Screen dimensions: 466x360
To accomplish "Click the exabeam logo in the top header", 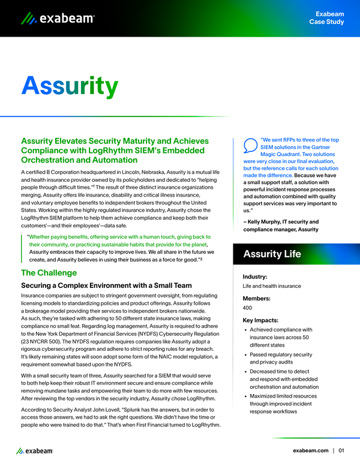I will click(58, 19).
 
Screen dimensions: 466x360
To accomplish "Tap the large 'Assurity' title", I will click(70, 86).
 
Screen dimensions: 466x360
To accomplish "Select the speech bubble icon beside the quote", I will click(250, 146).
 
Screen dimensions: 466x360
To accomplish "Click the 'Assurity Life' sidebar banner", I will click(272, 254).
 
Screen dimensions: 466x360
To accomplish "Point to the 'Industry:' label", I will click(255, 276).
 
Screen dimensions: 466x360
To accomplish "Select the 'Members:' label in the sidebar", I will click(256, 298).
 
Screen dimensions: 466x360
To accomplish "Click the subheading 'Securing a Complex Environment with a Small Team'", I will click(106, 285).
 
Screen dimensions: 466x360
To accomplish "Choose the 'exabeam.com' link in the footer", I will click(310, 450).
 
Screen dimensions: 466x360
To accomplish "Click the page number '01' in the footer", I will click(341, 450).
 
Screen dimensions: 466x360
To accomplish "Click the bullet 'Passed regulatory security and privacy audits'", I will click(280, 359).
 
